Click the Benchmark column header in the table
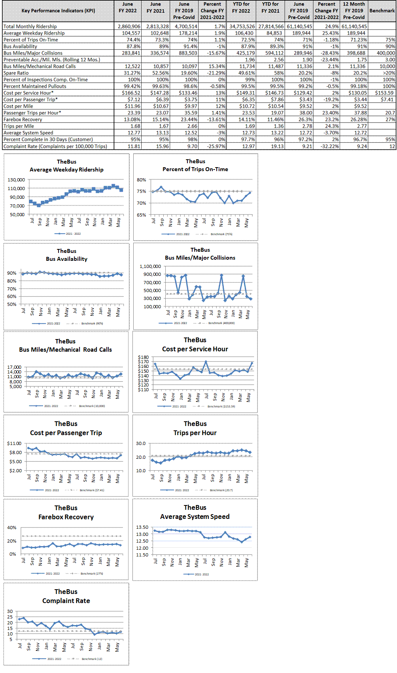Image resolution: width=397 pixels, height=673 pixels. coord(382,11)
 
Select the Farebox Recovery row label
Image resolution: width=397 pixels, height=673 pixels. coord(23,119)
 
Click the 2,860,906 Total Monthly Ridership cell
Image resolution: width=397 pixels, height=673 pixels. coord(129,26)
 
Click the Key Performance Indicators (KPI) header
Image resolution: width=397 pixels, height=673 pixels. coord(58,11)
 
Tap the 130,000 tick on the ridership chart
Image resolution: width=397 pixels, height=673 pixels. coord(16,180)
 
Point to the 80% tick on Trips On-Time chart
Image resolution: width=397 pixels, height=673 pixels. coord(141,180)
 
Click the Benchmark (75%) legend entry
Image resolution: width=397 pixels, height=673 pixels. coord(221,234)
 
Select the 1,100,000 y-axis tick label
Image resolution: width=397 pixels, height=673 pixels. coord(150,266)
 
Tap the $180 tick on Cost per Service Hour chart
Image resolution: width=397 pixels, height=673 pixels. coord(143,357)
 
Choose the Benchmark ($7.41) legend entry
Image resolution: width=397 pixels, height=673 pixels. coord(92,490)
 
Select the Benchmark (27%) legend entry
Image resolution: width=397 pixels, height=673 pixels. coord(91,573)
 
